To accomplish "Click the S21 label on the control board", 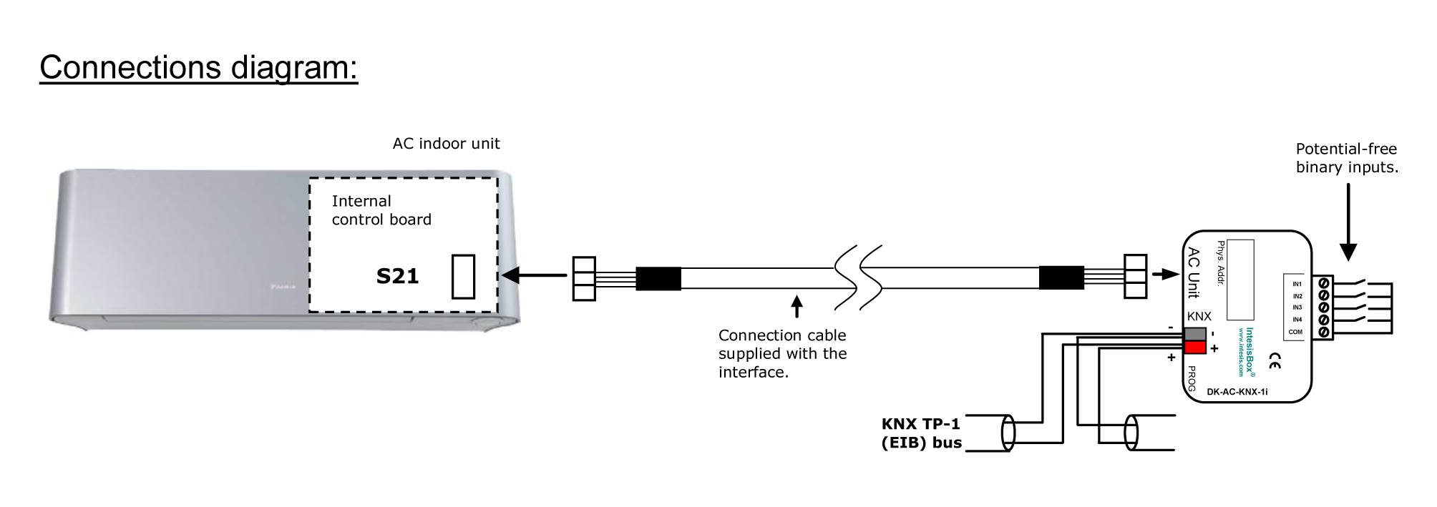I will [397, 277].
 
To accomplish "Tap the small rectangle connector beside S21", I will [463, 277].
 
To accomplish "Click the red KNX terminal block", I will [1195, 348].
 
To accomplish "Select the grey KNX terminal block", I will [1195, 334].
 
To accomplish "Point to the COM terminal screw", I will [1324, 332].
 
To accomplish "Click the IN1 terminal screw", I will [1324, 283].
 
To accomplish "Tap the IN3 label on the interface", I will [1297, 307].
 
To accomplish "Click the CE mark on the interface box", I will [1275, 361].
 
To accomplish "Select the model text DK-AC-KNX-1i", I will [1237, 392].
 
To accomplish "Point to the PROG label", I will [1192, 378].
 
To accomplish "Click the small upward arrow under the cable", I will [797, 307].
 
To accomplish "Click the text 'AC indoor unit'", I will [446, 144].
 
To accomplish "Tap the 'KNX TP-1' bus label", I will [920, 424].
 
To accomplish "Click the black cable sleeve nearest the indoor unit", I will [658, 278].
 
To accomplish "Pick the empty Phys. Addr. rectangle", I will [1240, 280].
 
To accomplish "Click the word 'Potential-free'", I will [1346, 149].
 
